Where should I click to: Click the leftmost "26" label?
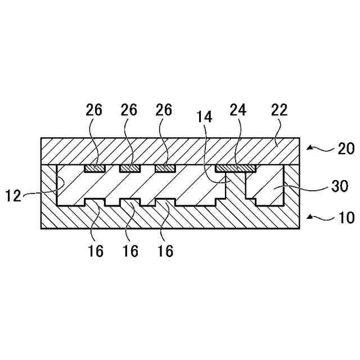tap(94, 110)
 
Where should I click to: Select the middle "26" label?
tap(129, 110)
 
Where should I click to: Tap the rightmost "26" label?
tap(164, 110)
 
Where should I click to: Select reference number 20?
tap(344, 150)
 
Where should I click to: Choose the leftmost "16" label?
tap(96, 251)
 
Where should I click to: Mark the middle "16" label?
tap(130, 251)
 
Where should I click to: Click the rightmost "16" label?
tap(165, 251)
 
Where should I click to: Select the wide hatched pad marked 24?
tap(236, 168)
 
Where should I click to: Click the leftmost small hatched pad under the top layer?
tap(94, 168)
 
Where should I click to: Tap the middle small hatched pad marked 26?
tap(129, 168)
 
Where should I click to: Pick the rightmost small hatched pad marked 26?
tap(165, 168)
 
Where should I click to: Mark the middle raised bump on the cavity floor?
tap(129, 202)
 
